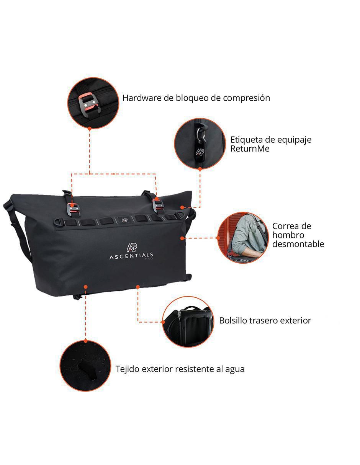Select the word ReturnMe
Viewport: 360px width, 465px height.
[x=250, y=149]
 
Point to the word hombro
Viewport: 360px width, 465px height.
[x=288, y=235]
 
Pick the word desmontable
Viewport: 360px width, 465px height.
[x=298, y=244]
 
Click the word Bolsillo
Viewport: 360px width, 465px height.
[x=232, y=321]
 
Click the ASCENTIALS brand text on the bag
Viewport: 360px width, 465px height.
[x=131, y=256]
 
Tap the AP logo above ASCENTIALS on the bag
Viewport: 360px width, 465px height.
[x=132, y=247]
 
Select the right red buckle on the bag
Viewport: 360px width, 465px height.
[x=158, y=205]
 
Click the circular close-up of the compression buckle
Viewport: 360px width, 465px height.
[x=93, y=103]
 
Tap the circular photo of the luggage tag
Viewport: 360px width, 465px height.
[x=200, y=143]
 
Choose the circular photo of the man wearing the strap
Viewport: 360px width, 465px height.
[x=243, y=238]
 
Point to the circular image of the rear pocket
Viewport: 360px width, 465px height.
[x=188, y=322]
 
